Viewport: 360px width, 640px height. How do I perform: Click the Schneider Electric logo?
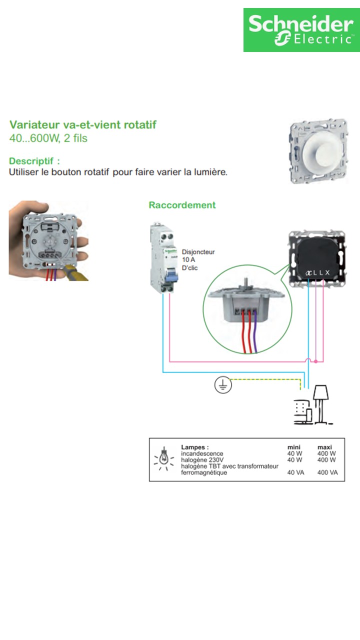tap(301, 30)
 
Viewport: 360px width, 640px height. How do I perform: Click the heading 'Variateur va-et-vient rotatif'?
tap(83, 124)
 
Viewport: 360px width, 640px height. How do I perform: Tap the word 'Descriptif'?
tap(32, 161)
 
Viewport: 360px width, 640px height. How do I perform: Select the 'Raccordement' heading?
tap(182, 205)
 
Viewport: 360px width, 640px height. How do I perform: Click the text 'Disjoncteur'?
tap(198, 252)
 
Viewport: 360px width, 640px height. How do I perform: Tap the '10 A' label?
tap(189, 260)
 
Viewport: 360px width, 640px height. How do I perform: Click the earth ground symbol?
tap(222, 384)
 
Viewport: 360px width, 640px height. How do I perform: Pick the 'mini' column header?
tap(293, 447)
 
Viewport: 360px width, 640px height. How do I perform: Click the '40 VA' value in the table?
tap(295, 472)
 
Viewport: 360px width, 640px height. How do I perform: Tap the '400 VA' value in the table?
tap(327, 472)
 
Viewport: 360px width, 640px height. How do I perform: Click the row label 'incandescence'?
tap(202, 453)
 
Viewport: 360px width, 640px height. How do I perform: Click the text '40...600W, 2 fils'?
tap(48, 138)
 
